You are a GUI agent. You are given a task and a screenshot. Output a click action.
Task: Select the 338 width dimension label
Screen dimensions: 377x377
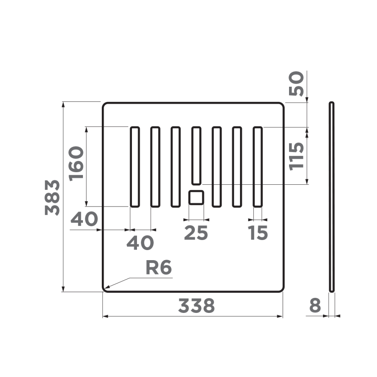[x=196, y=306]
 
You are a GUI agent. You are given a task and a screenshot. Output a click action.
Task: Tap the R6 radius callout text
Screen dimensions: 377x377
[x=159, y=268]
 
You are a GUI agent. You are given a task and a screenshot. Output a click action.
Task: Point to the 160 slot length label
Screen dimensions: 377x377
[x=77, y=163]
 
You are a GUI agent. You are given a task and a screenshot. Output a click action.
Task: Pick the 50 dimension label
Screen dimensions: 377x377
[x=296, y=84]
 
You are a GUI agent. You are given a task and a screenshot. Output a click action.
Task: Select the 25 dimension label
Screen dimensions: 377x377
[x=196, y=233]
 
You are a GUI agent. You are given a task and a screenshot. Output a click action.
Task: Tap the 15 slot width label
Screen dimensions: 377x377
[x=258, y=233]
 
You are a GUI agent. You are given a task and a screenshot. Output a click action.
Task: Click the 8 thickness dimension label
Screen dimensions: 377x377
[x=315, y=306]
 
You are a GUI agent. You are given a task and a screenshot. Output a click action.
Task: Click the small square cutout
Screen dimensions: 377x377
[x=196, y=197]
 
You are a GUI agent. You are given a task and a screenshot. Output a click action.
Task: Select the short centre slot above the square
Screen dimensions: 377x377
[x=196, y=155]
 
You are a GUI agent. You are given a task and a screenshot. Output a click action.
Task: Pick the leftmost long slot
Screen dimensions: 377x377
[x=134, y=167]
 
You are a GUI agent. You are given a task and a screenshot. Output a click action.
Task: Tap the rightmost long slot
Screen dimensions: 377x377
[x=258, y=167]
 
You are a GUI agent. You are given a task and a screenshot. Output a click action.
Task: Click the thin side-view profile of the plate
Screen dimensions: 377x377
[x=332, y=197]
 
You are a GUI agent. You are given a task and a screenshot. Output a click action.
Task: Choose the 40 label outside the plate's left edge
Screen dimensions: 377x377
[x=84, y=219]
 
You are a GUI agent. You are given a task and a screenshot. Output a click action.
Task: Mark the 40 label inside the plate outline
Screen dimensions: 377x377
[x=140, y=243]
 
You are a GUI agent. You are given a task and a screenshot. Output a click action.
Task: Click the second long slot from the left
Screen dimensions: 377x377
[x=155, y=167]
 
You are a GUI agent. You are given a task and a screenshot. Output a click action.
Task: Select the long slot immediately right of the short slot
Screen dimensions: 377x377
[x=217, y=167]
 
